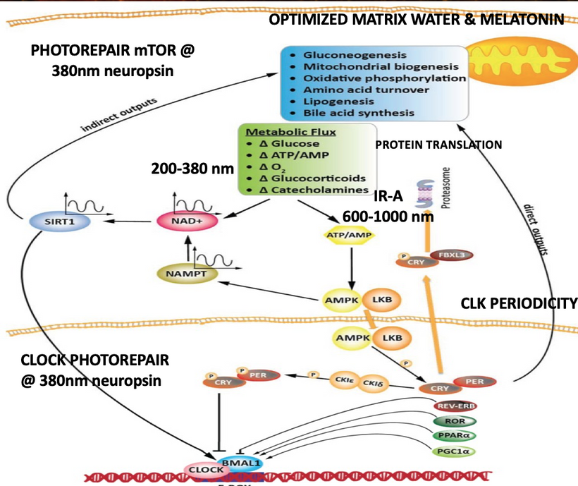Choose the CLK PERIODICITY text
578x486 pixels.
pos(519,304)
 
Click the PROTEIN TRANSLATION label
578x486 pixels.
pos(438,145)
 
